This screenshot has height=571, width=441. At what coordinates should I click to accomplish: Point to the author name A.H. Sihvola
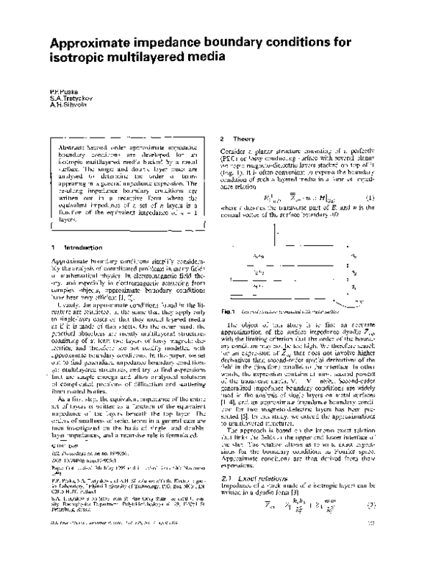pos(64,104)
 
